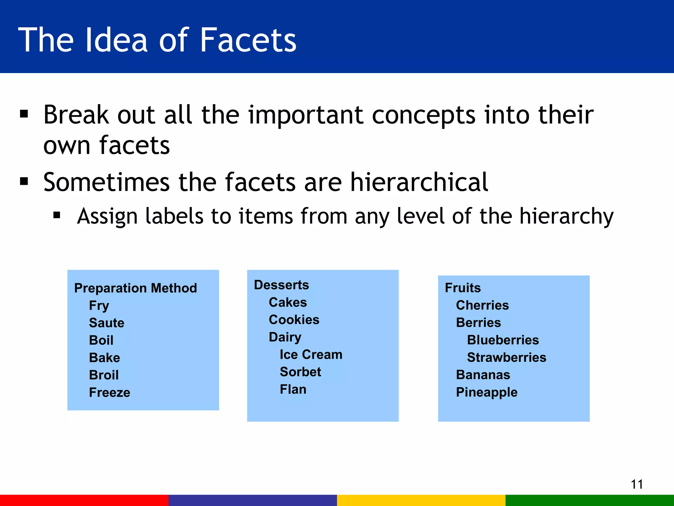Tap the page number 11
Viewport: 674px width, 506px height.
pyautogui.click(x=637, y=484)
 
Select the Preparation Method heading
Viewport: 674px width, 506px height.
pyautogui.click(x=136, y=288)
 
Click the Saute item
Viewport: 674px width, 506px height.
pyautogui.click(x=107, y=323)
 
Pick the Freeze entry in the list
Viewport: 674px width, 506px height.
pyautogui.click(x=110, y=392)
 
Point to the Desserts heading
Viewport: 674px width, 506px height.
pyautogui.click(x=281, y=285)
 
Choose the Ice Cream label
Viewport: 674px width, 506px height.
pyautogui.click(x=311, y=354)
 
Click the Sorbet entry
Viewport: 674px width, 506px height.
pyautogui.click(x=300, y=372)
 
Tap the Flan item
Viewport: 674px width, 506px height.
pyautogui.click(x=293, y=389)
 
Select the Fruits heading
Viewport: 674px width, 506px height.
pyautogui.click(x=463, y=288)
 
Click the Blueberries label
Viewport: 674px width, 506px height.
pyautogui.click(x=503, y=340)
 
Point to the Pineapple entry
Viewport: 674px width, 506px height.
pyautogui.click(x=487, y=392)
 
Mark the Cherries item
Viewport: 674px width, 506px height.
pyautogui.click(x=482, y=305)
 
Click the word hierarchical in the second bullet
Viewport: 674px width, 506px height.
pyautogui.click(x=419, y=182)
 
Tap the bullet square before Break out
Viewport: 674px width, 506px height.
pyautogui.click(x=24, y=114)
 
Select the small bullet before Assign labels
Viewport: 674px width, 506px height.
pyautogui.click(x=57, y=215)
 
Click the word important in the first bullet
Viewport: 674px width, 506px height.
pyautogui.click(x=306, y=115)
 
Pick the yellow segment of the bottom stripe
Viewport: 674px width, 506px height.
pyautogui.click(x=421, y=500)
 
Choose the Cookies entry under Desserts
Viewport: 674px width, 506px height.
pyautogui.click(x=294, y=320)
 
